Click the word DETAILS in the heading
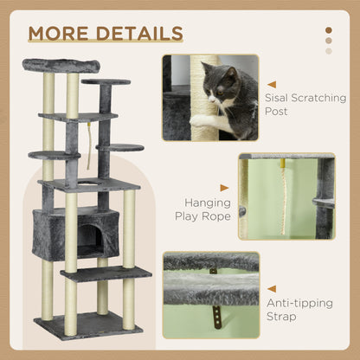click(x=139, y=33)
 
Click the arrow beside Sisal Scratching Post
click(x=271, y=86)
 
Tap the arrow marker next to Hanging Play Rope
click(x=225, y=187)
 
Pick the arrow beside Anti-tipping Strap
click(x=271, y=289)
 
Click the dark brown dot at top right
click(x=328, y=29)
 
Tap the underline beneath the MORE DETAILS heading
click(x=105, y=44)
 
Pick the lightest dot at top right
click(x=328, y=50)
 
